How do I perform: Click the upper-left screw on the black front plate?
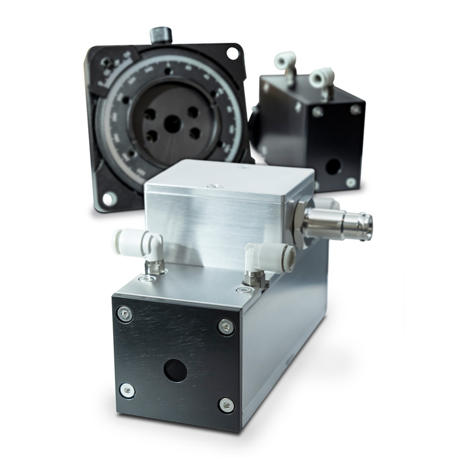point(124,314)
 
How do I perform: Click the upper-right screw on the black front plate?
point(226,326)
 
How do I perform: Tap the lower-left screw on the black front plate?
point(127,391)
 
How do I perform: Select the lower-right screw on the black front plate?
point(226,405)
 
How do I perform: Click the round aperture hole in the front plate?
point(175,371)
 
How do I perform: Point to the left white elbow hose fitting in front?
point(138,245)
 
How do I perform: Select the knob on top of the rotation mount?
point(161,35)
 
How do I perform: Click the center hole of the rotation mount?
point(172,124)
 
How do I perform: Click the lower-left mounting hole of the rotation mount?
point(109,199)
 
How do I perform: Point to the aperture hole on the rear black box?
point(332,166)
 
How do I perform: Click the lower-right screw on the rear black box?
point(351,182)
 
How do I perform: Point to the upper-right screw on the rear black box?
point(355,109)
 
